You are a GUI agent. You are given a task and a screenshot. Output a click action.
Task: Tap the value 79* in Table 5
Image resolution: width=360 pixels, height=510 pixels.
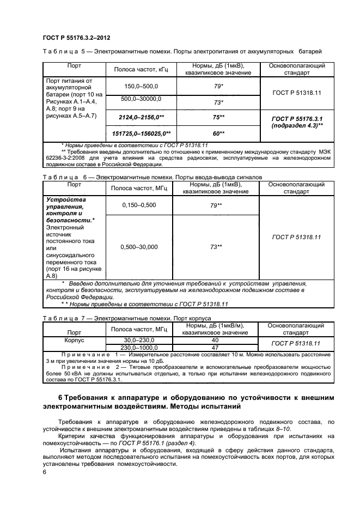click(x=218, y=86)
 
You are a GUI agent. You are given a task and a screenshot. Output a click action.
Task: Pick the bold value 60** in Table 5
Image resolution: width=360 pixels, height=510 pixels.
click(x=218, y=133)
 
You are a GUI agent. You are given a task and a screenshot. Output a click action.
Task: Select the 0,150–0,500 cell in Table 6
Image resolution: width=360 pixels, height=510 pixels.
click(x=138, y=205)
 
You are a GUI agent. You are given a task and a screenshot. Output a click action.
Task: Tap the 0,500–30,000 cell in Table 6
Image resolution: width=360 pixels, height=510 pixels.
click(x=138, y=247)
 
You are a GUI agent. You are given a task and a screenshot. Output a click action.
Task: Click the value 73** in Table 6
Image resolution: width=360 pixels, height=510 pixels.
click(x=216, y=247)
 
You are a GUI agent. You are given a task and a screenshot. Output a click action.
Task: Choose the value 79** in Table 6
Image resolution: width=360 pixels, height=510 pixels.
click(x=216, y=205)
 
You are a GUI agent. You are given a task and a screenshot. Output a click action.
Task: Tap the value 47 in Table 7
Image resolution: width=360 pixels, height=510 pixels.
click(x=215, y=347)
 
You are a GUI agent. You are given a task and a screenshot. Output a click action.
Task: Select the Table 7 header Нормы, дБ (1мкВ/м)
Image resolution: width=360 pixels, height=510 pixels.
click(x=215, y=325)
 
